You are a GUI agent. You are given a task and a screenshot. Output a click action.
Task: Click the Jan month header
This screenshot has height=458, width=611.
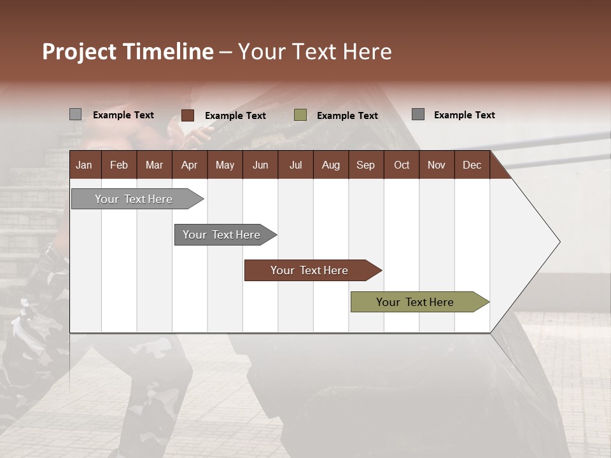(85, 165)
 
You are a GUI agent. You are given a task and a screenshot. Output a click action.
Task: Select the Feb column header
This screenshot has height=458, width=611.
(119, 165)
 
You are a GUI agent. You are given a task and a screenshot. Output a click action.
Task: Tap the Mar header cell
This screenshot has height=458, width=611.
(154, 165)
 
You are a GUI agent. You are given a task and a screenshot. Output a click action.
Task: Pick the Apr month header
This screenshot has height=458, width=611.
(189, 165)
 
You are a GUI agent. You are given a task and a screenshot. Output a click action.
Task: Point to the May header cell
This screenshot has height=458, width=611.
(225, 165)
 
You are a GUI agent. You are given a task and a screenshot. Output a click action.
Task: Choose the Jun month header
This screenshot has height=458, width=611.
(260, 165)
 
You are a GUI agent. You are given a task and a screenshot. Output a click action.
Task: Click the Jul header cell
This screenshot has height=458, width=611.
(295, 165)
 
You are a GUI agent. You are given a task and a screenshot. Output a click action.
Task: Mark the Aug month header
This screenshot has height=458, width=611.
(331, 165)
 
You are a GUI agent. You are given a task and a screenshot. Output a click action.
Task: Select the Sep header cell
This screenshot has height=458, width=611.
(366, 165)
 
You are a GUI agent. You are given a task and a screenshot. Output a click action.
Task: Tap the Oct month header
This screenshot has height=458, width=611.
(402, 165)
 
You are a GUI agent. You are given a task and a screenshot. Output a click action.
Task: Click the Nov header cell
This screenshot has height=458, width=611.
(437, 165)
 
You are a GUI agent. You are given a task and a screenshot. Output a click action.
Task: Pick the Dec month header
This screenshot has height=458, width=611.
(472, 165)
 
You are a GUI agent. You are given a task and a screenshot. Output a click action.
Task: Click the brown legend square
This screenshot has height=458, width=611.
(188, 115)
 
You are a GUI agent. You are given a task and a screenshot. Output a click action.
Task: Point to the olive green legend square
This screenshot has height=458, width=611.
(300, 115)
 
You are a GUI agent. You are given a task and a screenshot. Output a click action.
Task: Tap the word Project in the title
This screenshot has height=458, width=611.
(80, 52)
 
